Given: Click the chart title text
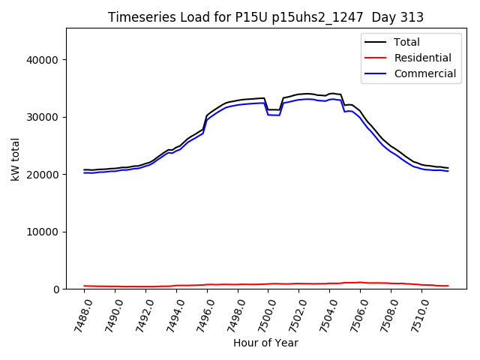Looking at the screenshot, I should click(265, 17).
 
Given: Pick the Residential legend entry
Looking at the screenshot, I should click(424, 58).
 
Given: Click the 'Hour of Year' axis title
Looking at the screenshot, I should click(265, 343).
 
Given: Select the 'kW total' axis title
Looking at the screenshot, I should click(16, 159).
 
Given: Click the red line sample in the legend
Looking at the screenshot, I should click(377, 58).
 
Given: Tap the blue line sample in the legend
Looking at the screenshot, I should click(377, 73).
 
